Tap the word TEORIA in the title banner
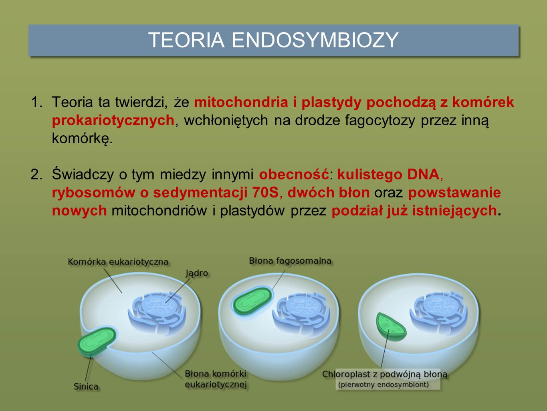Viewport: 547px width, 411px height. [186, 40]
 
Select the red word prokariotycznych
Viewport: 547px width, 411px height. [113, 120]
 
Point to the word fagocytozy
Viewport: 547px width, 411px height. [380, 120]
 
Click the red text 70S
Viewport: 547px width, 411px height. [265, 192]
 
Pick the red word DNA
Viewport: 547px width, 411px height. [424, 174]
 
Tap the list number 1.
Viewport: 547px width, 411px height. [36, 102]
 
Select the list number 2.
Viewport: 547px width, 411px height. [36, 174]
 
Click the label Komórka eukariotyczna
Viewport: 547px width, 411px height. [118, 262]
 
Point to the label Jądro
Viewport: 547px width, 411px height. [197, 273]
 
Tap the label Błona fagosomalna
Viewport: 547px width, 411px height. [290, 261]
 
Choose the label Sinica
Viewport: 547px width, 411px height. [86, 387]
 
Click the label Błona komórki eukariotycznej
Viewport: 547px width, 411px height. [216, 379]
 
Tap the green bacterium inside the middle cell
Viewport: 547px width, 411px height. [252, 301]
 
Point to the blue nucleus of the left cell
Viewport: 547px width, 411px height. [157, 313]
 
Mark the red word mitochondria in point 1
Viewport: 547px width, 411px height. [241, 102]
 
